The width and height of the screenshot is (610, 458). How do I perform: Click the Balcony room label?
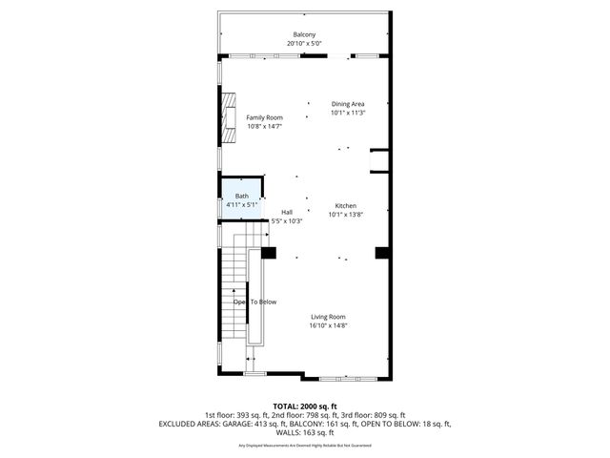coord(305,35)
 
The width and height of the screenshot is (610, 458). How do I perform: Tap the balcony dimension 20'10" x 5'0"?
coord(305,44)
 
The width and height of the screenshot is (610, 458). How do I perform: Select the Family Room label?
coord(264,117)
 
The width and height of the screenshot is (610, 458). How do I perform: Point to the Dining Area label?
coord(348,104)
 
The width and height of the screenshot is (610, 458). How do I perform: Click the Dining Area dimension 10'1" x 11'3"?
coord(348,113)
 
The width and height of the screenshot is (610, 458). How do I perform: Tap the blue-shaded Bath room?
coord(242,200)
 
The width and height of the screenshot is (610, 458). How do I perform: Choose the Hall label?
coord(287,212)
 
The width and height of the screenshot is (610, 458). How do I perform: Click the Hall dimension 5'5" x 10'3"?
coord(287,220)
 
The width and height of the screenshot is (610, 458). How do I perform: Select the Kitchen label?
coord(345,206)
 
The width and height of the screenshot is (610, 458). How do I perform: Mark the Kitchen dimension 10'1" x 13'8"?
coord(345,215)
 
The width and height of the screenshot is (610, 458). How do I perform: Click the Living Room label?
coord(328,317)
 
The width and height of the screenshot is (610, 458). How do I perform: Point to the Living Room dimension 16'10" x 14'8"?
coord(328,325)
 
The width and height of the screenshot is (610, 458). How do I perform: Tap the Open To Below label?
coord(254,302)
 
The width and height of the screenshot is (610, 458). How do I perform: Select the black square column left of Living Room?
coord(269,253)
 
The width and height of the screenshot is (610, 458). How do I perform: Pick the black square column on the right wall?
coord(382,253)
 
